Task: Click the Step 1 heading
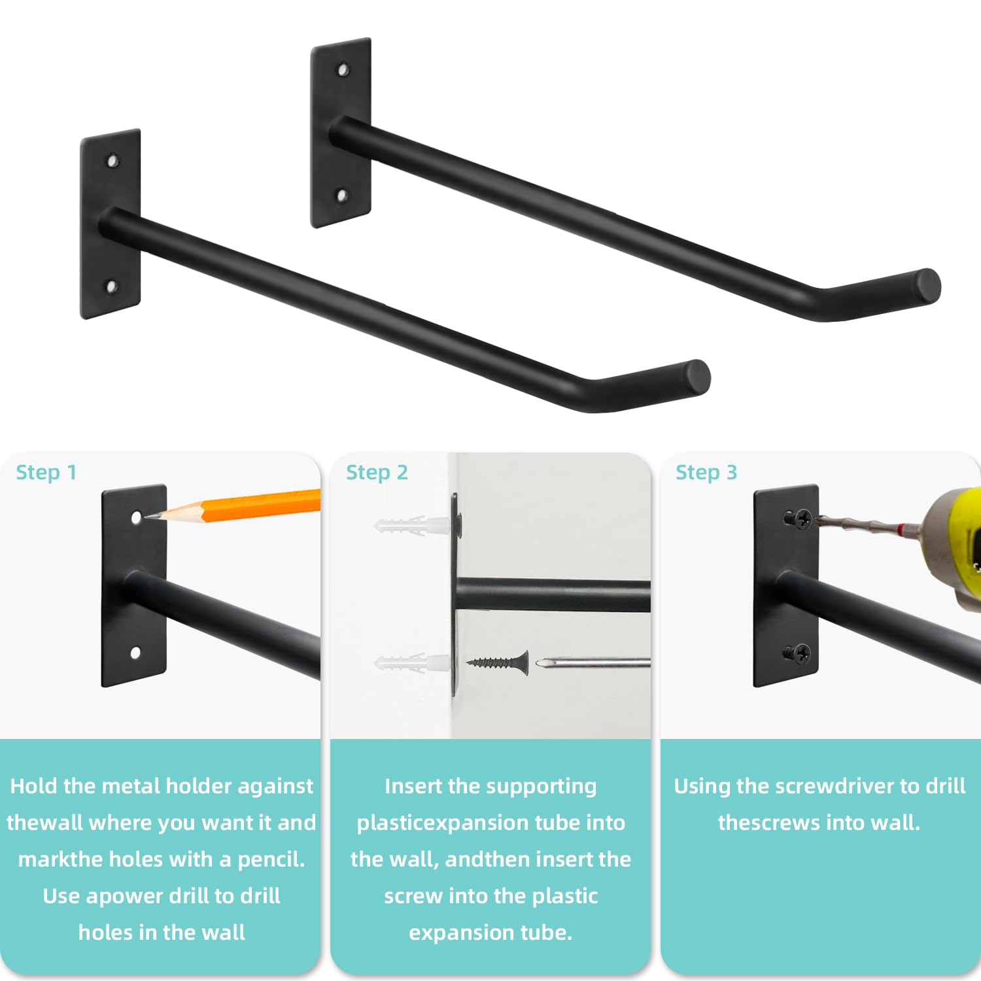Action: (46, 472)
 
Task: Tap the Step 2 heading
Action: (377, 472)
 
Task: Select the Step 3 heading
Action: (706, 472)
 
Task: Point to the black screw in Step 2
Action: (498, 663)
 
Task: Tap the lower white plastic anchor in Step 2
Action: (412, 663)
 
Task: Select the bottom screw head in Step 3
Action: (798, 653)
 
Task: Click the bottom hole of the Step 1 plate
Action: (135, 652)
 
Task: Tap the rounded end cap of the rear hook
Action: (927, 286)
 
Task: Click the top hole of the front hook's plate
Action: (112, 160)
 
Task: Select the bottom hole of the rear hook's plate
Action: (341, 194)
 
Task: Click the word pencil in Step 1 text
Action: (271, 859)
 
